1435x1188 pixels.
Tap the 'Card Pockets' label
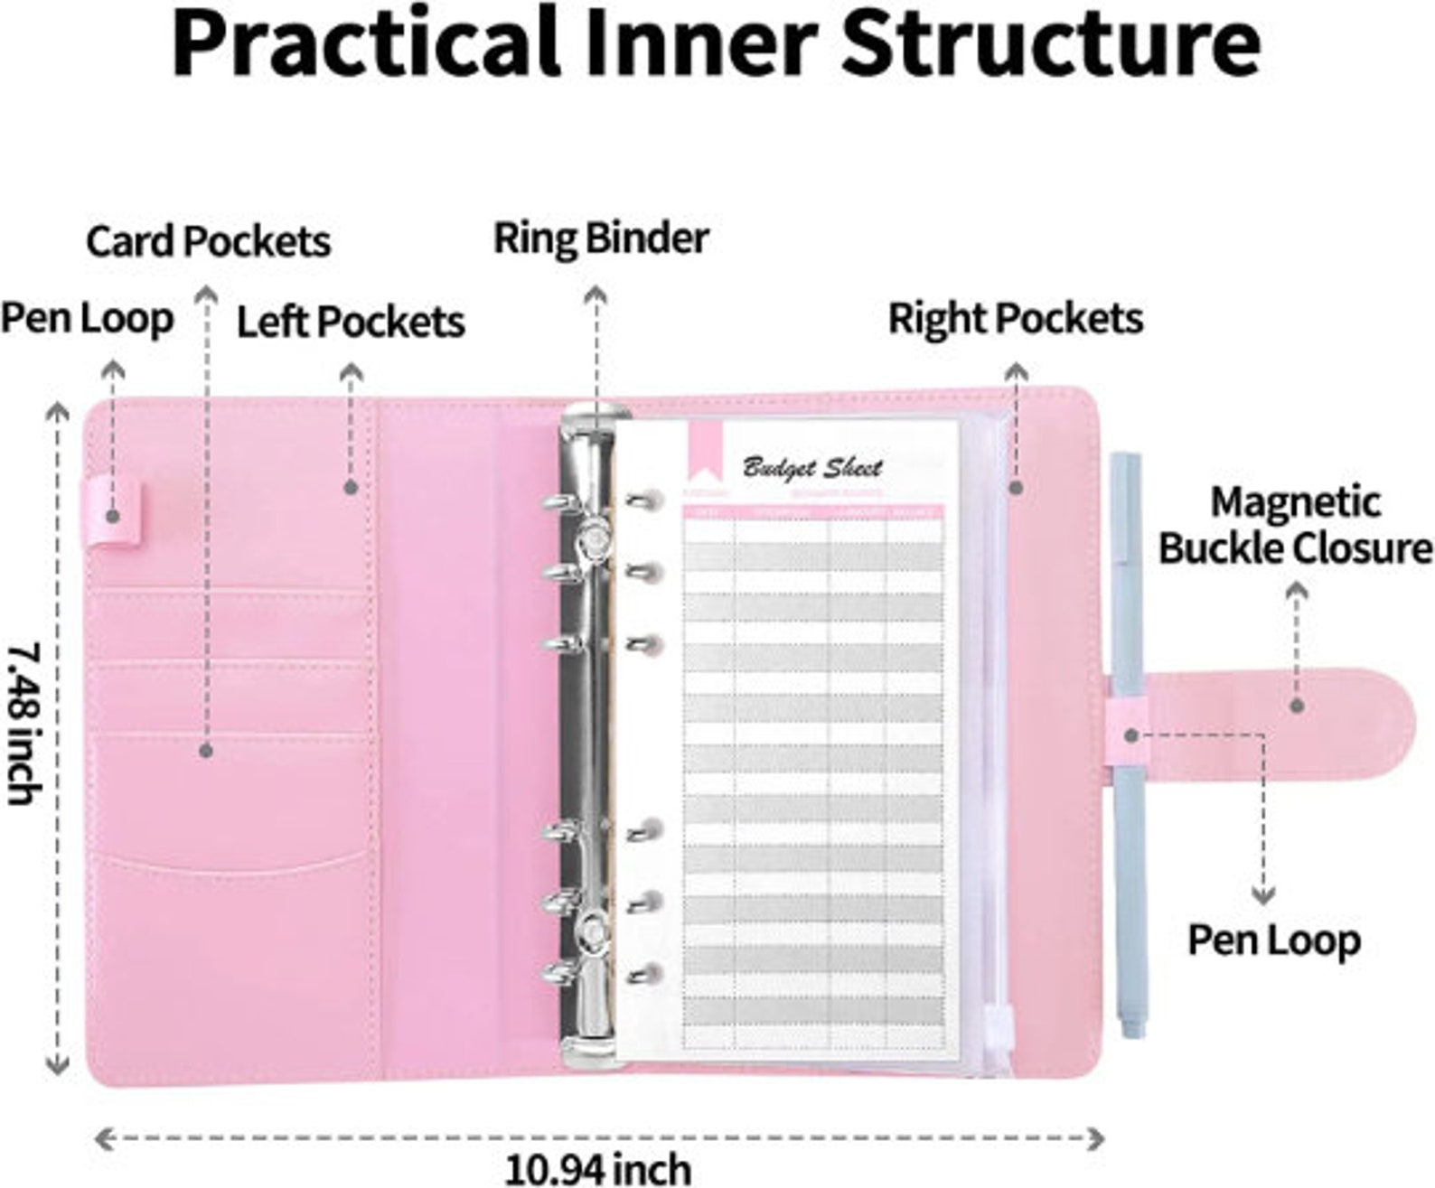click(x=208, y=242)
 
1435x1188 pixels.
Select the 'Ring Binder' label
click(x=600, y=239)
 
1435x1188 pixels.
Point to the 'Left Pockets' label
click(x=350, y=322)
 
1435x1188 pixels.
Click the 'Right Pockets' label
click(x=1015, y=319)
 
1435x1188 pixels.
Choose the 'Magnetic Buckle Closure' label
click(x=1295, y=525)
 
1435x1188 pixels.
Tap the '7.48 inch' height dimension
click(x=24, y=723)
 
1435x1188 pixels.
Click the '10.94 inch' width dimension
click(x=597, y=1168)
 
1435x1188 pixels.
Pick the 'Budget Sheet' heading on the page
click(x=811, y=468)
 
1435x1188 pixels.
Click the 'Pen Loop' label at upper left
click(x=87, y=319)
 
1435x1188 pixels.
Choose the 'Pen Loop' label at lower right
click(x=1273, y=940)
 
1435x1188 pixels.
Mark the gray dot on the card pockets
click(x=206, y=750)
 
